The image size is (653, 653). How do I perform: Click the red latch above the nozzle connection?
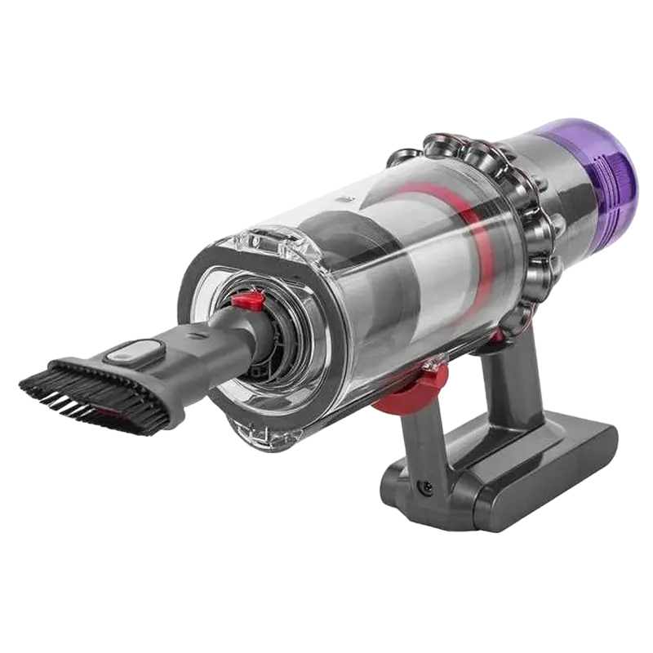coord(242,303)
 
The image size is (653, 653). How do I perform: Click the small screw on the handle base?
coord(425,487)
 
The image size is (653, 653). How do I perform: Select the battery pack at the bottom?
coord(522,457)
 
